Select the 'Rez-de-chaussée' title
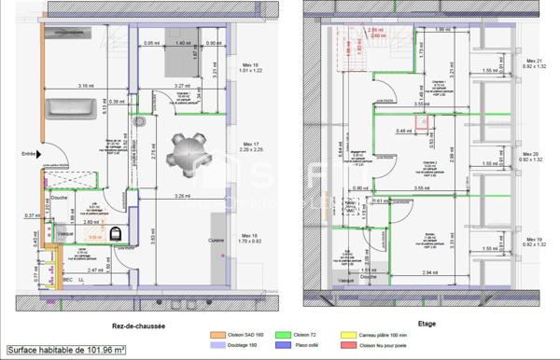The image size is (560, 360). pyautogui.click(x=138, y=325)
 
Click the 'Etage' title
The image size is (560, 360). pyautogui.click(x=427, y=325)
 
